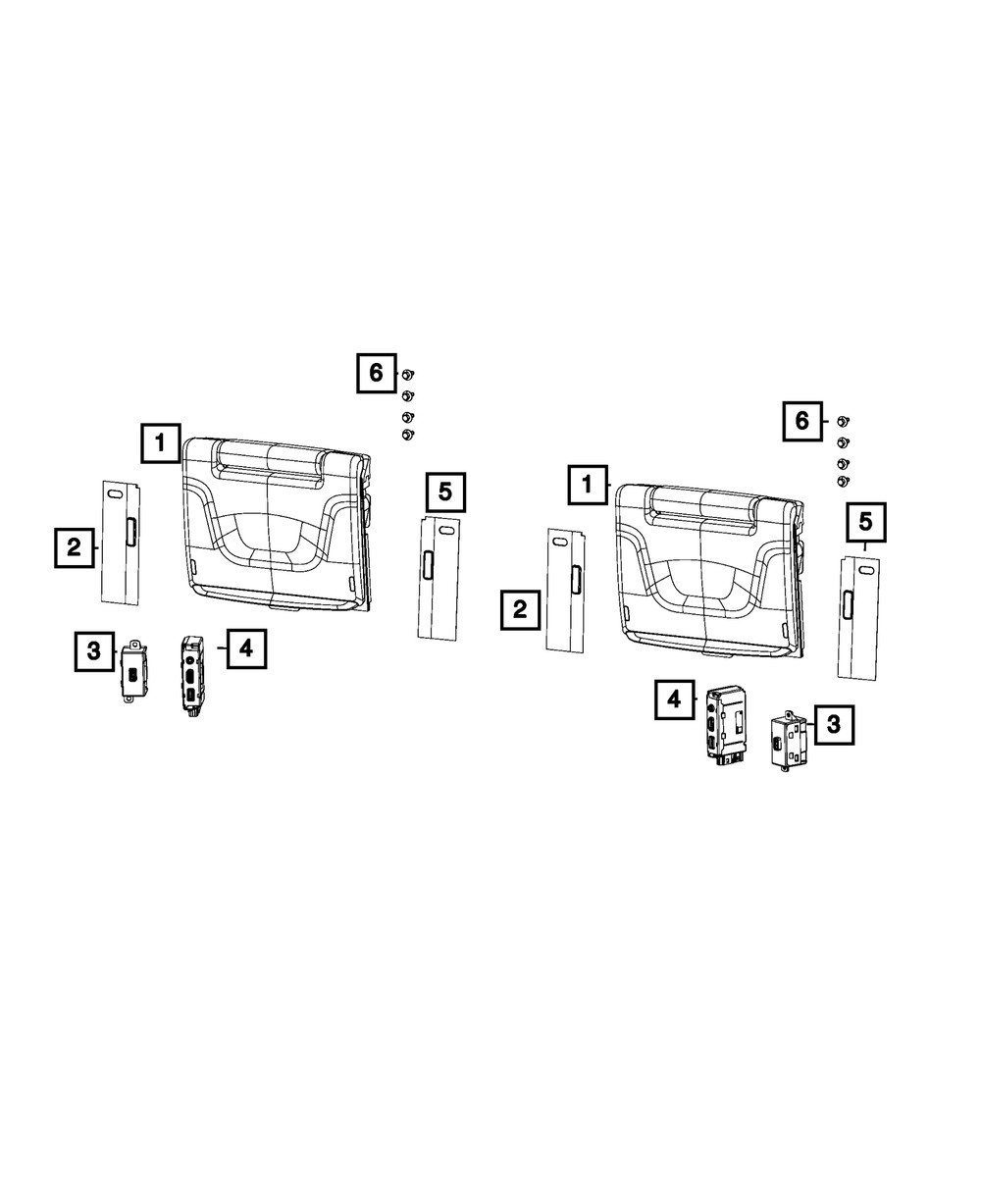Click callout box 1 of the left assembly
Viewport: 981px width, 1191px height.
pyautogui.click(x=161, y=442)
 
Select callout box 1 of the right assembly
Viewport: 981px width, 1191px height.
pyautogui.click(x=588, y=485)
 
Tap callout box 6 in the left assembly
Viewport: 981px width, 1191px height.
pyautogui.click(x=377, y=373)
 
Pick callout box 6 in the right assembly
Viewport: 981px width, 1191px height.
pyautogui.click(x=802, y=421)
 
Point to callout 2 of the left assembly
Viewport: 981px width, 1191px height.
pyautogui.click(x=75, y=547)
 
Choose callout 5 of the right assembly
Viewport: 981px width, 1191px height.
pyautogui.click(x=866, y=522)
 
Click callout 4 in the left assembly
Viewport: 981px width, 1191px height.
pyautogui.click(x=246, y=648)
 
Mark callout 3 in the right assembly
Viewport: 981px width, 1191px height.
pyautogui.click(x=835, y=724)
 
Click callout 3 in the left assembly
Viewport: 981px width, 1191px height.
pyautogui.click(x=94, y=650)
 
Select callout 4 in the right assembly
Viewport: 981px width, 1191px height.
pyautogui.click(x=675, y=699)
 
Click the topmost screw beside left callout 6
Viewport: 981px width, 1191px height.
pyautogui.click(x=408, y=374)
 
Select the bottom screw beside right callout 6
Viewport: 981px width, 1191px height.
pyautogui.click(x=843, y=482)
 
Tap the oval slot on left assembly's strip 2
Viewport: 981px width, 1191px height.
pyautogui.click(x=115, y=495)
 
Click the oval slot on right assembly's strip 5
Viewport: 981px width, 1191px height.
pyautogui.click(x=866, y=570)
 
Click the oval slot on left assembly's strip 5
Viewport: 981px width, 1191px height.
pyautogui.click(x=446, y=531)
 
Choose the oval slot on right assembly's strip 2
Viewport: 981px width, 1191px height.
pyautogui.click(x=559, y=543)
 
